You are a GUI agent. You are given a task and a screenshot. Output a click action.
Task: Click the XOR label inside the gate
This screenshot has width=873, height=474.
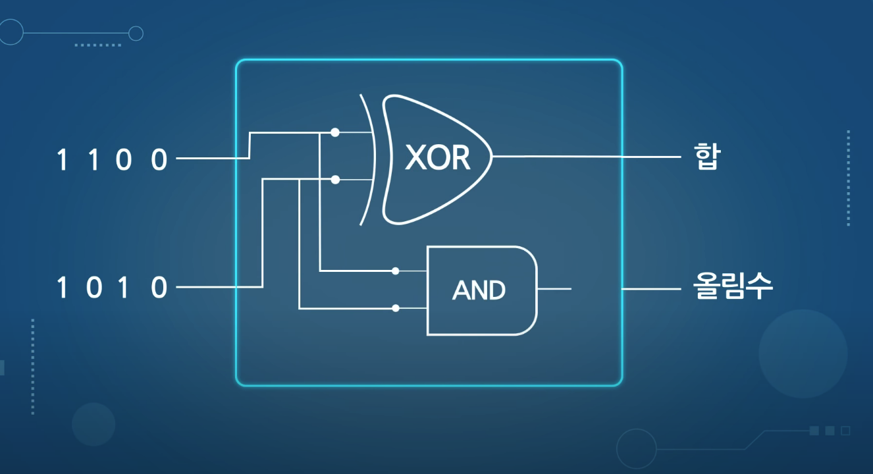437,158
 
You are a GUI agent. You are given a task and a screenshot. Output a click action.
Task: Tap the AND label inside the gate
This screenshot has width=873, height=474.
479,290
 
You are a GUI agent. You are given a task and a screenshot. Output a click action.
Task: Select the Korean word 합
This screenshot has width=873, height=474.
707,158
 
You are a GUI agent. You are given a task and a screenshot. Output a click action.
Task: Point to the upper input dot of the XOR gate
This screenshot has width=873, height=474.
335,132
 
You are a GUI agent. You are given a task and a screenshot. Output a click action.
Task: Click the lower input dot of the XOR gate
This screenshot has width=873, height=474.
335,179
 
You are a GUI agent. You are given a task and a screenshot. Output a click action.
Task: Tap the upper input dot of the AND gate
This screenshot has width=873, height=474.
395,271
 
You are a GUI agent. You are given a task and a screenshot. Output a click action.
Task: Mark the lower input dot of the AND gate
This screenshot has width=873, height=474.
395,308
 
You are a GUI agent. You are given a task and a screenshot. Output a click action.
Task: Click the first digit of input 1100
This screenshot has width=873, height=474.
63,160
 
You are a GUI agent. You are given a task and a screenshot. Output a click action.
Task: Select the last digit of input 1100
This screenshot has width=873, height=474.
159,160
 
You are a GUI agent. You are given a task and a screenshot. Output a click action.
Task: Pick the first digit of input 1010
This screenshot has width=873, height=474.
63,288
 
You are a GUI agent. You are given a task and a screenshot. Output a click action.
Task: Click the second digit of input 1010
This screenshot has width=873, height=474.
94,288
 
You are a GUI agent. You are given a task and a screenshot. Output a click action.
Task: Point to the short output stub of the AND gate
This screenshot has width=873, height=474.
554,289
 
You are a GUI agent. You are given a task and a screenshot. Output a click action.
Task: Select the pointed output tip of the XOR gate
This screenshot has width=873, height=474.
491,157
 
